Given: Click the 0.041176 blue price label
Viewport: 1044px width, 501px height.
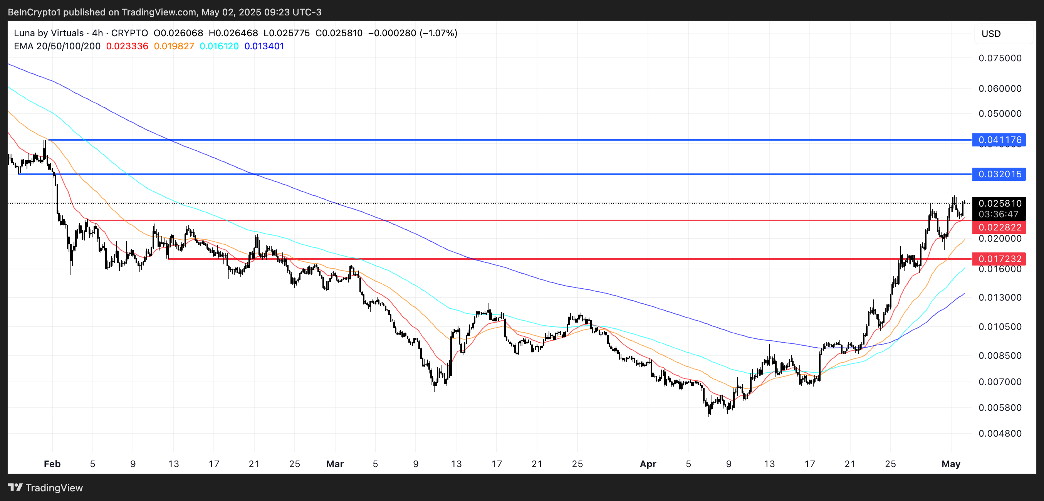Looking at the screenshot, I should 999,140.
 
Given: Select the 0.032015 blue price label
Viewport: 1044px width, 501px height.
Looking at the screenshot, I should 999,174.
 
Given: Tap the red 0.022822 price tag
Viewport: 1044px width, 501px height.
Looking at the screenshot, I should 999,227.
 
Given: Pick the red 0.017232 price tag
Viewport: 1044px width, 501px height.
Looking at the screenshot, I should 999,259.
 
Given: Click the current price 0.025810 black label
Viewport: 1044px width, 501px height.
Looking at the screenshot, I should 999,203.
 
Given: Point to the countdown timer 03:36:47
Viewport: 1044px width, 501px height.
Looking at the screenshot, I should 999,214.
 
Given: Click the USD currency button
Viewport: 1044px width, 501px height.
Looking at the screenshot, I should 991,34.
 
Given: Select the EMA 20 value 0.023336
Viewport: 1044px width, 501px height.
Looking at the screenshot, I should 127,46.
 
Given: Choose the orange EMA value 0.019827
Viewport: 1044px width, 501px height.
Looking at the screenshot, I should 174,46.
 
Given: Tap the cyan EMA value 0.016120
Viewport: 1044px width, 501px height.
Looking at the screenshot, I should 219,46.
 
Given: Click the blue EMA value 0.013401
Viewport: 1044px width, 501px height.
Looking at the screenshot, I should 264,46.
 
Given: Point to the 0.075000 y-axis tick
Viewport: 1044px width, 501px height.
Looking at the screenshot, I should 1000,58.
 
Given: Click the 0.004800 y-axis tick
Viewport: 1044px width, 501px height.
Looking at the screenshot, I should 1000,433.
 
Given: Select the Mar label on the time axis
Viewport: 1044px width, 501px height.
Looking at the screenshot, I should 335,464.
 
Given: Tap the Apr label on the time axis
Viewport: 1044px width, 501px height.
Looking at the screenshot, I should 648,464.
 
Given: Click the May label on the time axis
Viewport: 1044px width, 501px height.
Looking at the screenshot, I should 951,464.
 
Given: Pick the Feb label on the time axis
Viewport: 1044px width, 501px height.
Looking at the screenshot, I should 52,464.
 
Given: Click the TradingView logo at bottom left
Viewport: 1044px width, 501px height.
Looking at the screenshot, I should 45,488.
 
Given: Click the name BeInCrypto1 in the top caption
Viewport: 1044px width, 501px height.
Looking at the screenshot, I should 34,12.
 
